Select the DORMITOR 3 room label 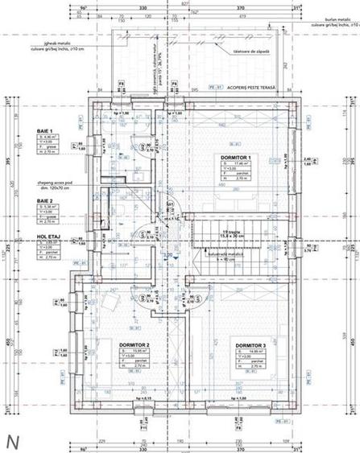(250, 345)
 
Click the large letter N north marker (13, 441)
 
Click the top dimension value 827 (184, 4)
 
